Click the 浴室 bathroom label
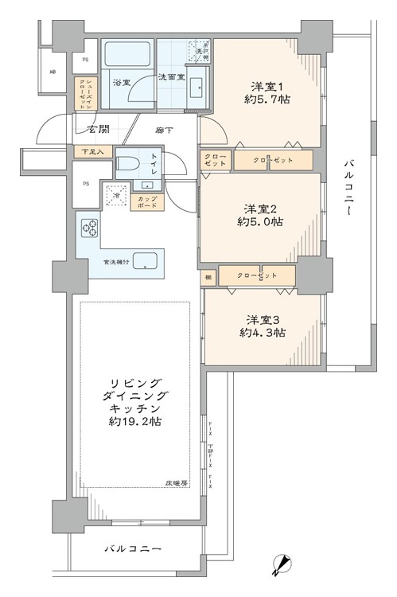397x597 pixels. (122, 82)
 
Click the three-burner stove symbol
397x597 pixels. (88, 228)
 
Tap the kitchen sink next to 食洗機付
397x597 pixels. (145, 259)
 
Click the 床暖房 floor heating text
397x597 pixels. (176, 483)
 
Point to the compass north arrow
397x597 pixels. (280, 565)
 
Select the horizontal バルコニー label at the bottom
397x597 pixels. (134, 549)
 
